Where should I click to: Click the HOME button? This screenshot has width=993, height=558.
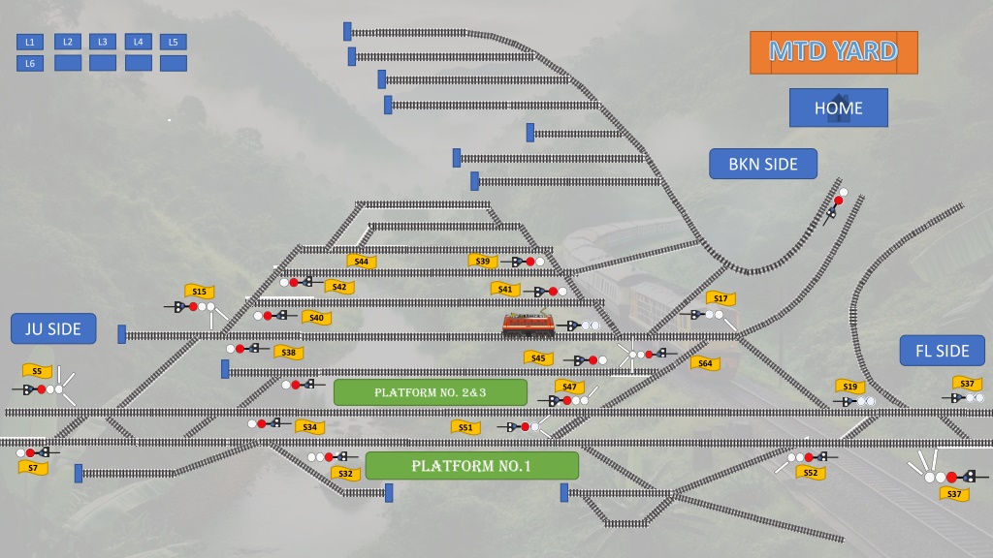pos(839,108)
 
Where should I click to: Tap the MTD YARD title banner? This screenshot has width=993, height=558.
pos(833,52)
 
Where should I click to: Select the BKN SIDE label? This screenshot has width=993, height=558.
pos(763,164)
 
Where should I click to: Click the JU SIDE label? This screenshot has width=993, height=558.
pos(53,329)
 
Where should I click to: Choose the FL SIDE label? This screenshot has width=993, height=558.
pos(943,351)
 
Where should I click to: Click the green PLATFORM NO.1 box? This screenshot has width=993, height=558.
pos(472,466)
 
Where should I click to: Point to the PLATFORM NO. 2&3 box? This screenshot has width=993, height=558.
pos(430,392)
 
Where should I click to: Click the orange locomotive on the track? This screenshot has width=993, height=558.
pos(529,324)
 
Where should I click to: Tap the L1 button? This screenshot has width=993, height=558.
pos(30,42)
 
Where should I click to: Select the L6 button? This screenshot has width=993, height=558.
pos(30,63)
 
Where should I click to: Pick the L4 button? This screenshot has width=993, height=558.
pos(138,42)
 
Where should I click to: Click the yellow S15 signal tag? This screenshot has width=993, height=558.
pos(200,291)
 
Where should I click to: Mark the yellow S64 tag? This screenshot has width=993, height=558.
pos(705,363)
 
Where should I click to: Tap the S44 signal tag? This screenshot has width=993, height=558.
pos(362,262)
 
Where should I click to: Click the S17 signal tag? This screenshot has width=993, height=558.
pos(721,298)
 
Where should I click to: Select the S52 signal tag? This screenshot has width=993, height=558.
pos(811,473)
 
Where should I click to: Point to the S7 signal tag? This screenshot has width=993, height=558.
pos(33,468)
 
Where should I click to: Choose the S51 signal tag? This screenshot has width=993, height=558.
pos(465,427)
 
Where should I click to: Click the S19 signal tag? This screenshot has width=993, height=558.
pos(849,386)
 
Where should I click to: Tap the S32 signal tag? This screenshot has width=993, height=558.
pos(346,473)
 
